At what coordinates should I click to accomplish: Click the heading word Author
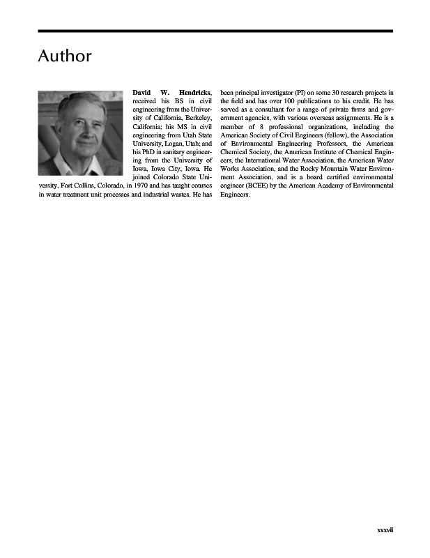(x=64, y=56)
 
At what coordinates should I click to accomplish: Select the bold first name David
(x=144, y=92)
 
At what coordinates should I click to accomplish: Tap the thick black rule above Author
(x=215, y=31)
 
